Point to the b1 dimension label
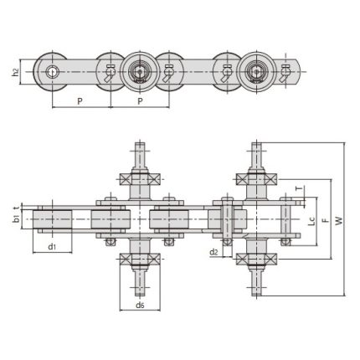click(16, 219)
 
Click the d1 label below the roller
click(51, 247)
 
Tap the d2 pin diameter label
click(213, 251)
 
